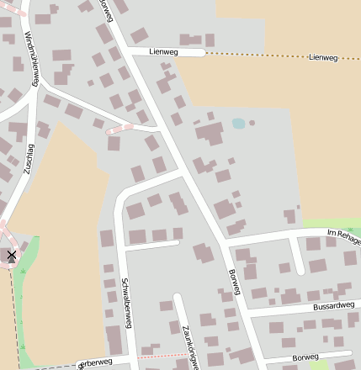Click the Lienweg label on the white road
tap(164, 52)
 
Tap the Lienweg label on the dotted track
tap(323, 57)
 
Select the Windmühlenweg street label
tap(31, 60)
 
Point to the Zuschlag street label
tap(29, 157)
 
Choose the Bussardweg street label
tap(329, 307)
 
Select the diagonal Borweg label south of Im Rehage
tap(235, 283)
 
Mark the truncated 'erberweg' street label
tap(95, 363)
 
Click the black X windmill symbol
tap(12, 254)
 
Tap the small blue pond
tap(239, 123)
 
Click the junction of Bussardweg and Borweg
tap(247, 312)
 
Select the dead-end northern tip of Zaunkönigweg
tap(177, 297)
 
